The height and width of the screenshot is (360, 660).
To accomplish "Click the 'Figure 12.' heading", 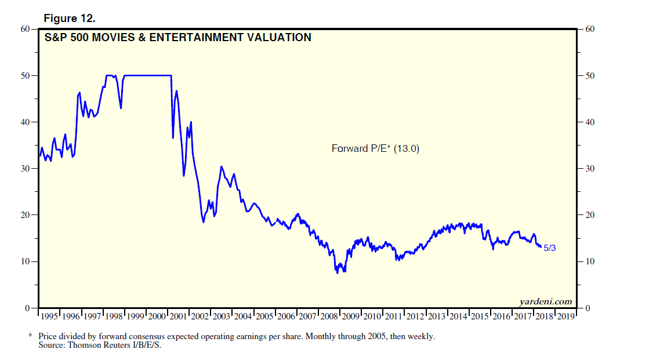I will coord(70,18).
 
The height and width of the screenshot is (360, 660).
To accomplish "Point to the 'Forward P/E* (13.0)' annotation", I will coord(375,148).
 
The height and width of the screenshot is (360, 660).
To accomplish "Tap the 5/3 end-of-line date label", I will coord(550,248).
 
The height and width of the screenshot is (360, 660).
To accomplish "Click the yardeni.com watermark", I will coord(546,301).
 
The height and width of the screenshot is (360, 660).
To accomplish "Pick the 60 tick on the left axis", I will coord(26,29).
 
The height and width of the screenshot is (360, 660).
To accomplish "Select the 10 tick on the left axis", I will coord(26,261).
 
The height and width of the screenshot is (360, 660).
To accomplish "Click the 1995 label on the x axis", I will coord(49,317).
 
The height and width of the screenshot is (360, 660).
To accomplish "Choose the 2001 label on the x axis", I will coord(179,317).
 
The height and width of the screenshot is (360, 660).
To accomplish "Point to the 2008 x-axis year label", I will coord(329,317).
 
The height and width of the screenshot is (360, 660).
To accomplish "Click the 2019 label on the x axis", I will coord(567,317).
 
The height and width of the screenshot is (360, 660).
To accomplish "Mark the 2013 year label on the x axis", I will coord(437,317).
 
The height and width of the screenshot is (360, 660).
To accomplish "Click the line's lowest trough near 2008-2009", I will coord(338,272).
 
